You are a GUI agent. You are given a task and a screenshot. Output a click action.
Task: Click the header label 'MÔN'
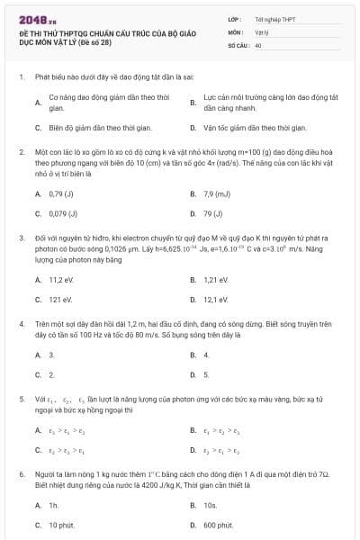pyautogui.click(x=236, y=31)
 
